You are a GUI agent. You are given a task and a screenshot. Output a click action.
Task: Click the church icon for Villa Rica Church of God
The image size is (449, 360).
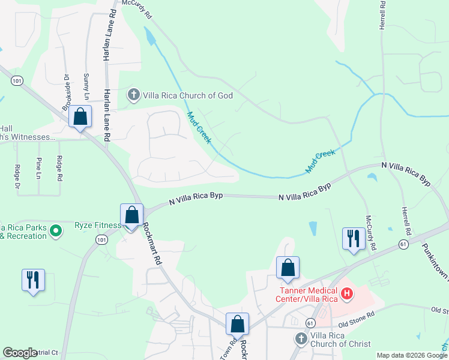tap(133, 95)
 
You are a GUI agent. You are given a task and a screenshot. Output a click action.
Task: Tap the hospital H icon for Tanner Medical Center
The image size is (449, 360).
tap(346, 293)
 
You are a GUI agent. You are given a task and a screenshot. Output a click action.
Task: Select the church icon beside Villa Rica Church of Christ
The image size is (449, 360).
tap(301, 339)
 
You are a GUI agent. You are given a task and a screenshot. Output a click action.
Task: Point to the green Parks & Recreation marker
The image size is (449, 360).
tap(55, 230)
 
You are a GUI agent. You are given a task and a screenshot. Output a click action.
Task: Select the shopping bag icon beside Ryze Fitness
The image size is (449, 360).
tap(131, 214)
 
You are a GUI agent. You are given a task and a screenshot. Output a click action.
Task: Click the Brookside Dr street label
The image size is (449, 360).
tap(66, 92)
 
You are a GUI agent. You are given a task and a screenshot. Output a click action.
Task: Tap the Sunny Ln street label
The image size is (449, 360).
tap(86, 87)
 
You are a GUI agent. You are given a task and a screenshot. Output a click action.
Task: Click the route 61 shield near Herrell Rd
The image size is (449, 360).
tap(403, 244)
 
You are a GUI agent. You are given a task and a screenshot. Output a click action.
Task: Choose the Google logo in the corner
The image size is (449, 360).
tap(20, 353)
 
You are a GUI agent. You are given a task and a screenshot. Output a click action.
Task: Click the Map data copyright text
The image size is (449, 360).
tap(412, 355)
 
